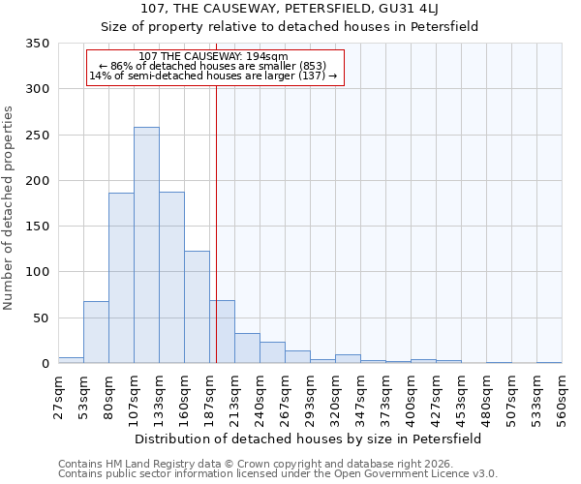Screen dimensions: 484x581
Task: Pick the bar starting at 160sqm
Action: tap(197, 307)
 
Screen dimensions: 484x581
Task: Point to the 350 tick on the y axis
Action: tap(38, 44)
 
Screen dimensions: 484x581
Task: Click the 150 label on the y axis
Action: tap(38, 227)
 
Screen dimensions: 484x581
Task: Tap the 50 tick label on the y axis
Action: tap(42, 318)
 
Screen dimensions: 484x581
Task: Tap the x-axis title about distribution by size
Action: tap(308, 439)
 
